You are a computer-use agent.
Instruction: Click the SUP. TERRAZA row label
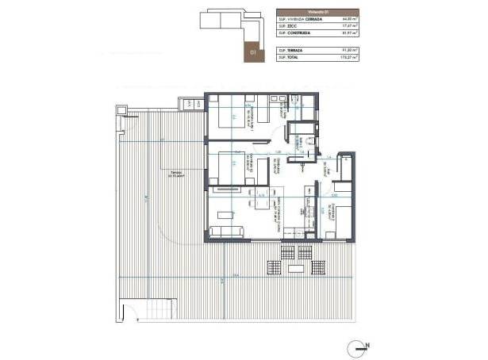point(290,50)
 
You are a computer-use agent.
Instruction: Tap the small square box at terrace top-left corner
point(122,109)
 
